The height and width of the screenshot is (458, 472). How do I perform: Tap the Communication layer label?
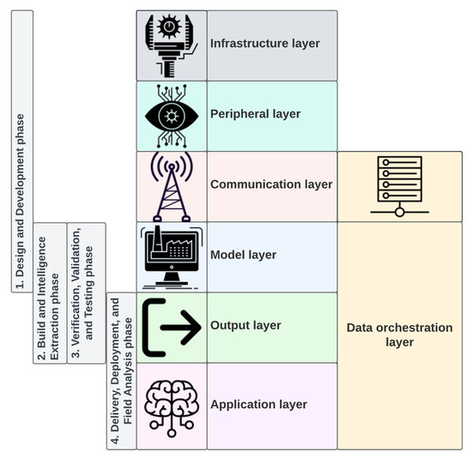pos(271,184)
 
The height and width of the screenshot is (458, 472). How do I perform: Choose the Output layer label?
pos(245,326)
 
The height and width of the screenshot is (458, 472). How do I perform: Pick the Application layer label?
pos(258,404)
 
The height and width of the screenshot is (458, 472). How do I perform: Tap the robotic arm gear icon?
pos(171,45)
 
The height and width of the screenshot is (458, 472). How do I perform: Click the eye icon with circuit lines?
pos(171,115)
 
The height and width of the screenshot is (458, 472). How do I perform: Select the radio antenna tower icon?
pos(172,185)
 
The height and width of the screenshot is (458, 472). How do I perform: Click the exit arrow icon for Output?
pos(171,327)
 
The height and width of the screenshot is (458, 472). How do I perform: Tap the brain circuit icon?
pos(171,404)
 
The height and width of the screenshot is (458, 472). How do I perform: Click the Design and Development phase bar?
pos(22,151)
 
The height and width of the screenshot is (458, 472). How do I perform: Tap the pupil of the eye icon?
pos(171,115)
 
